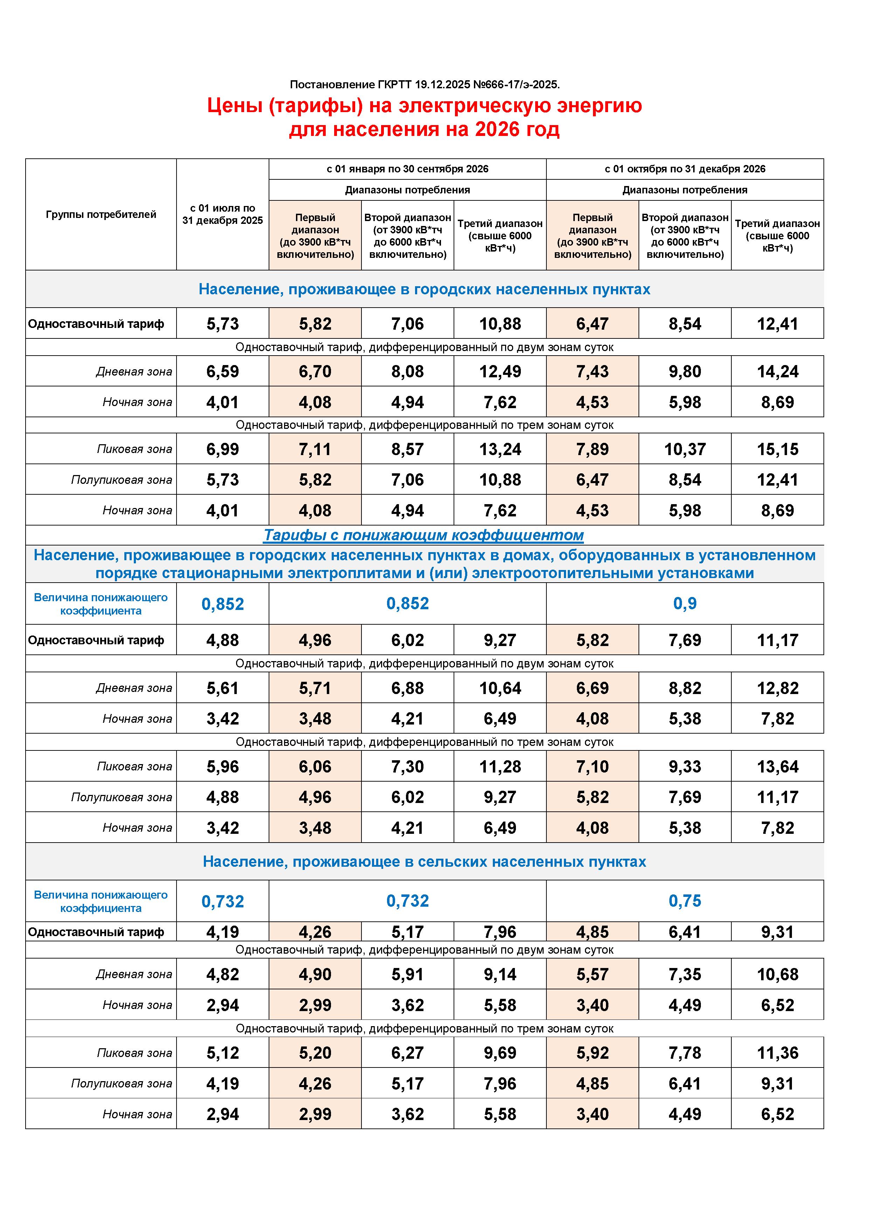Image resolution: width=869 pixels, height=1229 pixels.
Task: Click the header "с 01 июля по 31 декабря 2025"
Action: [223, 214]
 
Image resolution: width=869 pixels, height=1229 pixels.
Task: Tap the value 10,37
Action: [684, 449]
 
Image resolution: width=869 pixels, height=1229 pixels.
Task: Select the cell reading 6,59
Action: [223, 371]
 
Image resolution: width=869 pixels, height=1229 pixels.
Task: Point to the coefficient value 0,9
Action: [684, 604]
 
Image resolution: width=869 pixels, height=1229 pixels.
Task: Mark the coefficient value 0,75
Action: [684, 901]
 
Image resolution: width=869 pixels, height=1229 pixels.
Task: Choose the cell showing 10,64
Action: [500, 688]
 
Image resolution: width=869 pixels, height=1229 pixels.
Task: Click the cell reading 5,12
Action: [223, 1053]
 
